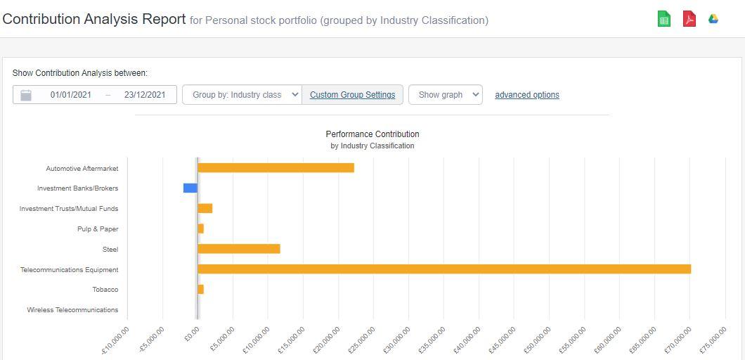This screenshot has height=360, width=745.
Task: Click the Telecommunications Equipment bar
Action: [443, 269]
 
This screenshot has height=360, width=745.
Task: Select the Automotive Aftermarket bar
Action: [276, 168]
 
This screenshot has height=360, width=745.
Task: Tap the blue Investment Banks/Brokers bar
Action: [190, 188]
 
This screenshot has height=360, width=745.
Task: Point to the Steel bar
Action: [238, 249]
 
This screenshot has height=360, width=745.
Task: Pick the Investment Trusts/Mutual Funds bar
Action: [205, 209]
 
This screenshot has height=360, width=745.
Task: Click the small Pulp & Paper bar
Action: [200, 229]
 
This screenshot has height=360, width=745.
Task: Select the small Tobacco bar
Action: [200, 290]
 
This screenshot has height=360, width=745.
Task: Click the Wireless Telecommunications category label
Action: [72, 310]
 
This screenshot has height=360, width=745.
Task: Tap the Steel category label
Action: [110, 250]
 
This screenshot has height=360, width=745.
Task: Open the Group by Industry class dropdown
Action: [242, 95]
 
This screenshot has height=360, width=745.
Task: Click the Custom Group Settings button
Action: [352, 95]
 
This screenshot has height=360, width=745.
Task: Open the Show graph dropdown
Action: [445, 95]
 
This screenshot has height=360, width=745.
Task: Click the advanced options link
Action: [527, 95]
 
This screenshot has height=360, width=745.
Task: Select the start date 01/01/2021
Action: [70, 95]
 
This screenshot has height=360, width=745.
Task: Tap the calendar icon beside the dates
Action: [26, 95]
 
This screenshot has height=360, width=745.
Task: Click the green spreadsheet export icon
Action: [663, 19]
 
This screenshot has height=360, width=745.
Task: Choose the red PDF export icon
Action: [689, 19]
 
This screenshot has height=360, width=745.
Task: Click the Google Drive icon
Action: [713, 19]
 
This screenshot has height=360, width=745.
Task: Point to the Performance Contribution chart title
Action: [372, 134]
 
